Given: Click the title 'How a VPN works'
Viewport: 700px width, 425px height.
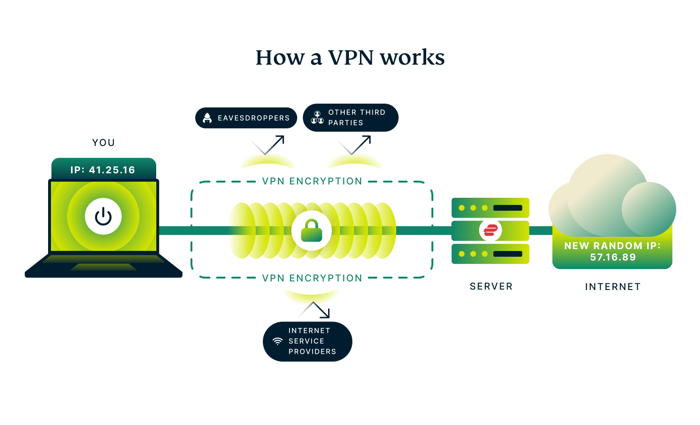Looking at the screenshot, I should (350, 58).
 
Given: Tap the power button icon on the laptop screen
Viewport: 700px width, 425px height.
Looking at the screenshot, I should (103, 217).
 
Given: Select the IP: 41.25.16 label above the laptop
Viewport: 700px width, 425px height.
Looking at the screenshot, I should (103, 170).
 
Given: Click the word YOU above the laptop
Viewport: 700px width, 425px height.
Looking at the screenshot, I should (103, 143).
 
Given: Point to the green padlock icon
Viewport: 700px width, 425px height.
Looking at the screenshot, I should (312, 231).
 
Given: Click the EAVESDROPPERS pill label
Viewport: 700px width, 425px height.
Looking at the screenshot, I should (246, 118).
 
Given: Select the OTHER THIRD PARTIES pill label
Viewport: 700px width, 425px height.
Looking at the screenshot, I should (350, 117).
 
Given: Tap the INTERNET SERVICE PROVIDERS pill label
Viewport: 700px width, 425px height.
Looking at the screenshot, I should (308, 341).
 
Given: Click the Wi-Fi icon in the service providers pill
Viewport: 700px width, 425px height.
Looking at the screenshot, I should (278, 341).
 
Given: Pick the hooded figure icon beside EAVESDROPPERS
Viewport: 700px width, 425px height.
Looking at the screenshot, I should (207, 118).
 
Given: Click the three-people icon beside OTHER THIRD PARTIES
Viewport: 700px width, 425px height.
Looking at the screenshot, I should (317, 117).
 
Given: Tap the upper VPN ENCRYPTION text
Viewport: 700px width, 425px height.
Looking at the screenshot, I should (312, 181).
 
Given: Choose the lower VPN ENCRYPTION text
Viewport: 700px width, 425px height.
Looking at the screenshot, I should (312, 278).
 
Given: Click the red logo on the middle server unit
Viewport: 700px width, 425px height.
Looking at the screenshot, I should (490, 231).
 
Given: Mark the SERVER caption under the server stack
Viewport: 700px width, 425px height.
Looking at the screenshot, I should (491, 286).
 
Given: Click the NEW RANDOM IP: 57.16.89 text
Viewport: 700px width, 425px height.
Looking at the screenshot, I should (612, 251).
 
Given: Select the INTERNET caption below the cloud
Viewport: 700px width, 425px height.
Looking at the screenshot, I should (613, 287).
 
